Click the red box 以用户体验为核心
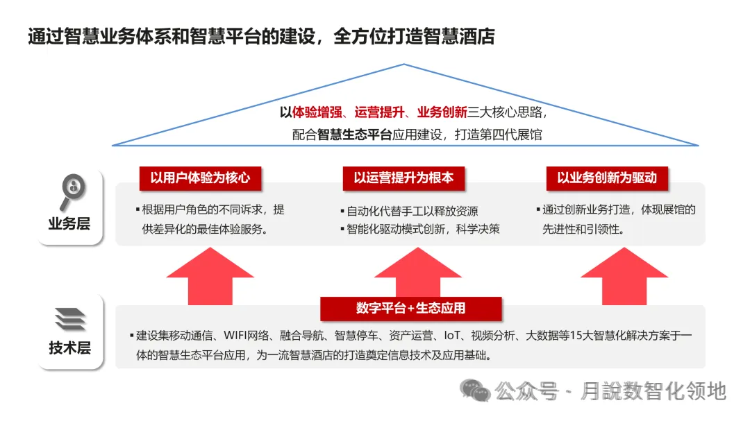click(x=200, y=178)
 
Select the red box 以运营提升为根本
click(x=403, y=178)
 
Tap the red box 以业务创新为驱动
click(x=606, y=178)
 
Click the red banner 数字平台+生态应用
click(x=410, y=308)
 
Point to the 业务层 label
click(x=69, y=224)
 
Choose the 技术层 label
click(x=69, y=347)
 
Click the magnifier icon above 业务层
click(x=72, y=191)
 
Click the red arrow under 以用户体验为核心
click(x=210, y=277)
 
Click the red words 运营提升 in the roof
click(x=377, y=112)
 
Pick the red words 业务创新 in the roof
click(x=442, y=112)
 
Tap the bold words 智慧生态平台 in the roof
click(x=354, y=135)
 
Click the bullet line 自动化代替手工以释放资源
click(x=412, y=211)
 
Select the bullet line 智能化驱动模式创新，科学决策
click(x=424, y=229)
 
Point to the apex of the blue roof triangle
click(x=404, y=65)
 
